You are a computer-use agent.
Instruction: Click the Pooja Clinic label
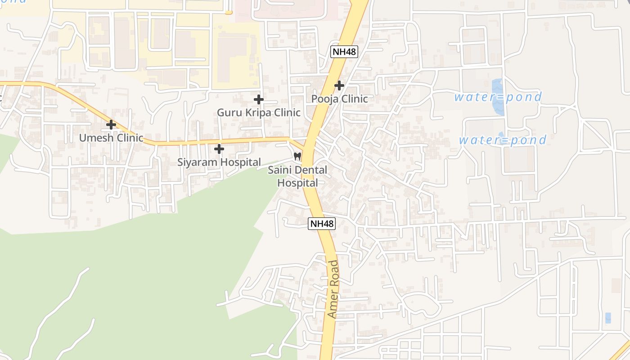340,99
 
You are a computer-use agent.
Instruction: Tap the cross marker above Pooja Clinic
339,85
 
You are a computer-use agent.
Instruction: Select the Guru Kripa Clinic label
258,112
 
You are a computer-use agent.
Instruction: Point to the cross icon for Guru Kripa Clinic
258,99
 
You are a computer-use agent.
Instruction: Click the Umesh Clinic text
111,138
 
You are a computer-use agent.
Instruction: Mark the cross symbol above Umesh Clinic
111,125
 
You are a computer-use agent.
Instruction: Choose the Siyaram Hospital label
219,162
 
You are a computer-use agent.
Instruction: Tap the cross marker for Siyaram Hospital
219,148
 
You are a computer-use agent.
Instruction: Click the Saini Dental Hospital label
297,176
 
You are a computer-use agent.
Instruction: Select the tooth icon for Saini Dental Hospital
297,157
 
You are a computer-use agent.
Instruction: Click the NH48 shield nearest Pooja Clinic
344,52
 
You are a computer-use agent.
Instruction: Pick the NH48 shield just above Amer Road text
322,223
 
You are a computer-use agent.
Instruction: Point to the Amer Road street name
333,289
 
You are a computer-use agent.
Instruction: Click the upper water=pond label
498,97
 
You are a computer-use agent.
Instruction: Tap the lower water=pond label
503,140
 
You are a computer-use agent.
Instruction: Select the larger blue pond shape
497,96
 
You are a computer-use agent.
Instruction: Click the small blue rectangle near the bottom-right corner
608,318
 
